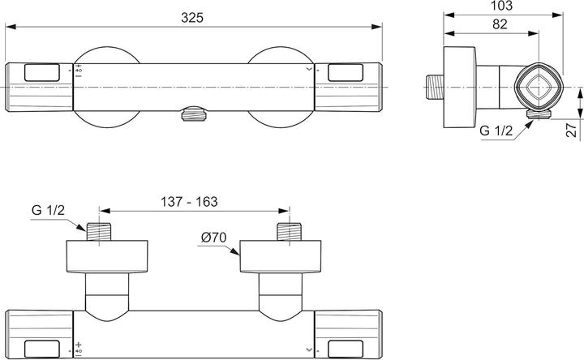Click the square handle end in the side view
pos(537,87)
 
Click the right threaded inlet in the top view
pos(284,232)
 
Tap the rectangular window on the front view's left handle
pos(42,73)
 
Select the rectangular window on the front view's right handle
pos(342,73)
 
